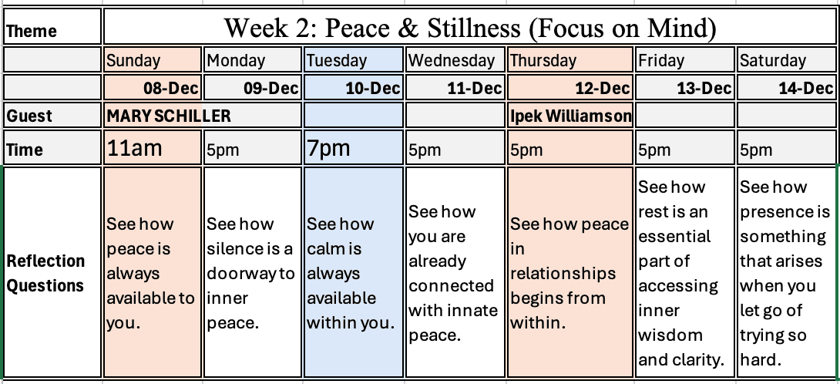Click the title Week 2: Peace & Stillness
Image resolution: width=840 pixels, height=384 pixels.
pos(470,27)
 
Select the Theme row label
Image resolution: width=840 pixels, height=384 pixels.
pos(31,31)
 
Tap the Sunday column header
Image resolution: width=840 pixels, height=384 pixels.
pos(133,61)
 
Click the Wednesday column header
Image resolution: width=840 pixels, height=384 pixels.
pos(451,61)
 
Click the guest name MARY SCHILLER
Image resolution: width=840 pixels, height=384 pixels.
pos(169,116)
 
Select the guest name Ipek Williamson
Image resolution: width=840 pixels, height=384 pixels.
pos(570,116)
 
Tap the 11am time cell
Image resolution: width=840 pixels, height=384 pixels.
pos(134,147)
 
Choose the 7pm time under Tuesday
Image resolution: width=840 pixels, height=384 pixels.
pos(328,147)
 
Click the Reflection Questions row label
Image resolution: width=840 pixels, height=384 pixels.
pos(45,273)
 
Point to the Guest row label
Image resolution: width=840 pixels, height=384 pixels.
pos(29,116)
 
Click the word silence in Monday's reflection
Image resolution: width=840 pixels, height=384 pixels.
pos(233,249)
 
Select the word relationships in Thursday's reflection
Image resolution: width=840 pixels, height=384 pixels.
pos(563,274)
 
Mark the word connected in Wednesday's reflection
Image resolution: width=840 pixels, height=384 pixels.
pos(452,286)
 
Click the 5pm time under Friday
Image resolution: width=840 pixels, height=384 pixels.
pos(654,150)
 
